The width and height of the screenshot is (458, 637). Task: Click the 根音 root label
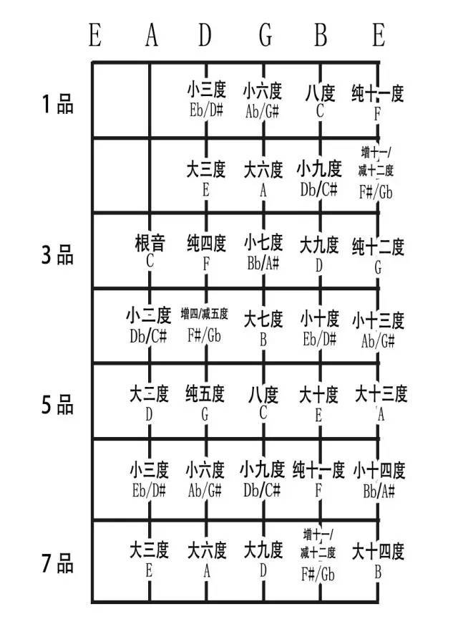pyautogui.click(x=150, y=243)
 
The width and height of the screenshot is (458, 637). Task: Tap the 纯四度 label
pyautogui.click(x=206, y=243)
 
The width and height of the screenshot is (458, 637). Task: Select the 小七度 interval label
pyautogui.click(x=263, y=242)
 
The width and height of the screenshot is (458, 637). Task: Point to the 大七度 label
pyautogui.click(x=263, y=319)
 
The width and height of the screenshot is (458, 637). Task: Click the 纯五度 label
pyautogui.click(x=205, y=393)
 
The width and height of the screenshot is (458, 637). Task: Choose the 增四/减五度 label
pyautogui.click(x=205, y=314)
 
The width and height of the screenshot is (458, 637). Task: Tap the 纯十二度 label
pyautogui.click(x=378, y=246)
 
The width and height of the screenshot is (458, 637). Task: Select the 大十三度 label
pyautogui.click(x=381, y=393)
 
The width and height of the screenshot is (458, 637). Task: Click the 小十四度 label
pyautogui.click(x=379, y=471)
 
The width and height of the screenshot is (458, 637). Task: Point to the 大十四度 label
pyautogui.click(x=378, y=551)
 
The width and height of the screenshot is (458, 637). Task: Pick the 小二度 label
pyautogui.click(x=148, y=315)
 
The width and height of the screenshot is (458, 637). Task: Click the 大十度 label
pyautogui.click(x=318, y=395)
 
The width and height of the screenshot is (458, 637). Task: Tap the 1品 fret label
pyautogui.click(x=58, y=104)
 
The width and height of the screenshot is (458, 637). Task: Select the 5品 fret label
pyautogui.click(x=57, y=405)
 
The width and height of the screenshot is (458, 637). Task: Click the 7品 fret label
pyautogui.click(x=57, y=563)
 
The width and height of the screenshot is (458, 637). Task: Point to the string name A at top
pyautogui.click(x=152, y=35)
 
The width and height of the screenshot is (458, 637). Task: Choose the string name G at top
pyautogui.click(x=265, y=35)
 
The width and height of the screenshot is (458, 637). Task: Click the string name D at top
pyautogui.click(x=205, y=35)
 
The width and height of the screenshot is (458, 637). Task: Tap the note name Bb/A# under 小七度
pyautogui.click(x=263, y=263)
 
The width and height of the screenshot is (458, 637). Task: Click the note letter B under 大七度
pyautogui.click(x=263, y=340)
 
